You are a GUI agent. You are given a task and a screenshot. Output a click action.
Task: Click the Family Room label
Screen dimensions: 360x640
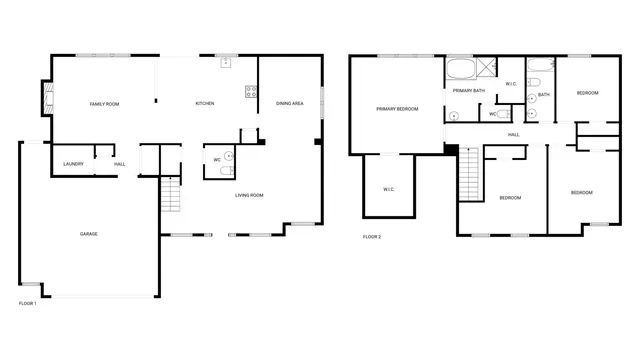pyautogui.click(x=105, y=104)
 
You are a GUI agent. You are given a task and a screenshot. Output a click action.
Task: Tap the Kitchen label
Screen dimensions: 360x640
pyautogui.click(x=205, y=104)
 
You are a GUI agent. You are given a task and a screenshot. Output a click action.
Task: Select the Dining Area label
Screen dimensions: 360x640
pyautogui.click(x=290, y=104)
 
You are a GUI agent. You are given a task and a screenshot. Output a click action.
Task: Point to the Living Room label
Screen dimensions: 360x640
pyautogui.click(x=249, y=195)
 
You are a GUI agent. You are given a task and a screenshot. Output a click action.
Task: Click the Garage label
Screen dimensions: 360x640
pyautogui.click(x=89, y=234)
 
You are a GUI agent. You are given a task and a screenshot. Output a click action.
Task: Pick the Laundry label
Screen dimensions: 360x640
pyautogui.click(x=73, y=164)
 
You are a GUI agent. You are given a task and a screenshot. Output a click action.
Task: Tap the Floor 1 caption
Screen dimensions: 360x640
pyautogui.click(x=28, y=303)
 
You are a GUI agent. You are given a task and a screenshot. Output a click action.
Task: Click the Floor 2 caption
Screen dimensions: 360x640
pyautogui.click(x=371, y=237)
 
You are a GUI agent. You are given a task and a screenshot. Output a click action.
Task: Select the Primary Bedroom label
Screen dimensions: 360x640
pyautogui.click(x=397, y=108)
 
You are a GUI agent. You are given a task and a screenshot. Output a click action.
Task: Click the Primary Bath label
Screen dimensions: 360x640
pyautogui.click(x=468, y=91)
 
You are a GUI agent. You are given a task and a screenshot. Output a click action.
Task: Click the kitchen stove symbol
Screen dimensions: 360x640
pyautogui.click(x=251, y=93)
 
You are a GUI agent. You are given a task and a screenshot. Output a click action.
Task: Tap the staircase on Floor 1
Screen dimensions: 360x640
pyautogui.click(x=170, y=195)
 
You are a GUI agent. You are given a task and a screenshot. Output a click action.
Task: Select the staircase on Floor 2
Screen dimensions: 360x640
pyautogui.click(x=469, y=176)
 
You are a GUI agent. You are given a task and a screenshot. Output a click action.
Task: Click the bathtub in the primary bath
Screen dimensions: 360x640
pyautogui.click(x=460, y=70)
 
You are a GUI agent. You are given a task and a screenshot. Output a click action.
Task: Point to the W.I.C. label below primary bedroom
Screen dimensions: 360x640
pyautogui.click(x=389, y=189)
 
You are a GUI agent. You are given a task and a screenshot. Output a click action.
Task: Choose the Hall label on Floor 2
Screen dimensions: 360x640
pyautogui.click(x=513, y=134)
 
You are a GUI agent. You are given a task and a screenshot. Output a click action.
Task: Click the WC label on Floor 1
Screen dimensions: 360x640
pyautogui.click(x=217, y=160)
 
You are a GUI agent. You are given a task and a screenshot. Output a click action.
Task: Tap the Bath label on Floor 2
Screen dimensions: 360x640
pyautogui.click(x=544, y=95)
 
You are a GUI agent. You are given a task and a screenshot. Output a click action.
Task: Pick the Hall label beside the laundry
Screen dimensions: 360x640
pyautogui.click(x=119, y=164)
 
